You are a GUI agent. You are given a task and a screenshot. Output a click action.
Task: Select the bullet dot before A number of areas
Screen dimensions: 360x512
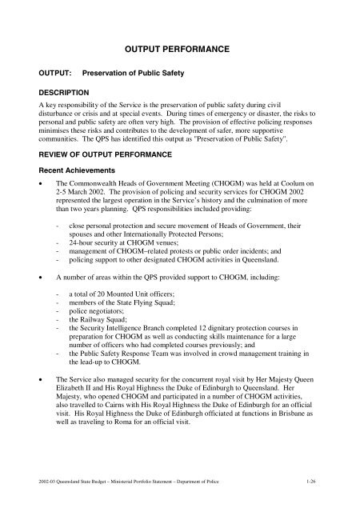[28, 306]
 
